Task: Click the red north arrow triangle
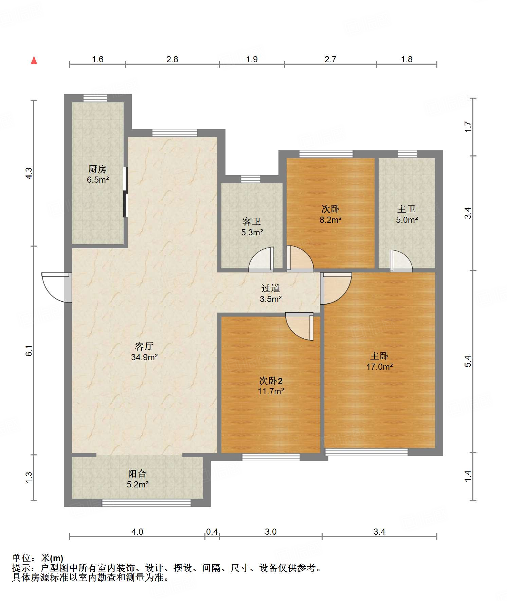click(34, 61)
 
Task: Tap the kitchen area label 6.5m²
click(98, 180)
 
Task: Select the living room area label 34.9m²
click(144, 357)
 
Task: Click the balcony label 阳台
click(137, 473)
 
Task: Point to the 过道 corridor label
click(271, 288)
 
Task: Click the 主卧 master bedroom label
click(379, 356)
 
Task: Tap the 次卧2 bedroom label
click(271, 381)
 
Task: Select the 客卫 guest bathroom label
click(252, 221)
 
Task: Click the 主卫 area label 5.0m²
click(407, 220)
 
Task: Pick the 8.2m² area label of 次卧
click(330, 220)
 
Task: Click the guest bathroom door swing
click(261, 259)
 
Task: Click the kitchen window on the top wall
click(95, 98)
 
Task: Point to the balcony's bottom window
click(146, 503)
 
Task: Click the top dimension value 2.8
click(172, 60)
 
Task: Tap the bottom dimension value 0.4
click(212, 532)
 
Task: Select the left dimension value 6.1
click(29, 350)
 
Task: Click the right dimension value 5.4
click(468, 361)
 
